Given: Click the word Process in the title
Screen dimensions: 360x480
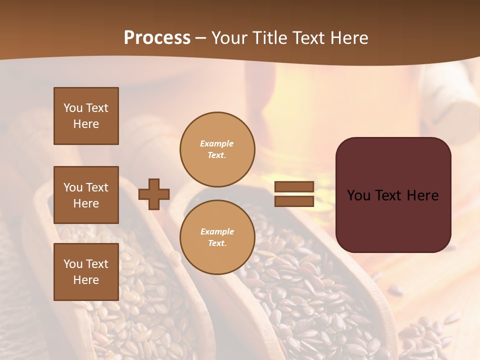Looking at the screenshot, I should click(157, 38).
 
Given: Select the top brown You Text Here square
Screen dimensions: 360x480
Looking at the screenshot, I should click(86, 116).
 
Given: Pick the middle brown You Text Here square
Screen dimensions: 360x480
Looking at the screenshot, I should click(86, 195).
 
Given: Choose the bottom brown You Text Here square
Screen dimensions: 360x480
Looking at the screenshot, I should click(86, 272).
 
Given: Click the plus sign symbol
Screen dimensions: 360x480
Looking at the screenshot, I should click(154, 194).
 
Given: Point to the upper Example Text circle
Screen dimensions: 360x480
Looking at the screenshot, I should click(217, 149).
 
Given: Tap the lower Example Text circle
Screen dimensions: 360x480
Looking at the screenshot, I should click(217, 237).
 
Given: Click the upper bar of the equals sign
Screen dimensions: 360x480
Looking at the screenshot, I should click(294, 186).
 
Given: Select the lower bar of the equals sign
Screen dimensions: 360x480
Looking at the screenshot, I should click(294, 201).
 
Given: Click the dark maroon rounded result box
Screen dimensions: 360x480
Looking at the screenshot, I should click(393, 220).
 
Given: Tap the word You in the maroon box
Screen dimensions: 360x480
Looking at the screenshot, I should click(358, 195).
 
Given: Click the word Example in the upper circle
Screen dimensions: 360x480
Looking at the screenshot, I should click(216, 143).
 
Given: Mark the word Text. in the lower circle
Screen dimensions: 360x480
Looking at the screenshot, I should click(217, 243).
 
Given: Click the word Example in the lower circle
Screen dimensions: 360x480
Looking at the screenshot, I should click(217, 231).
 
